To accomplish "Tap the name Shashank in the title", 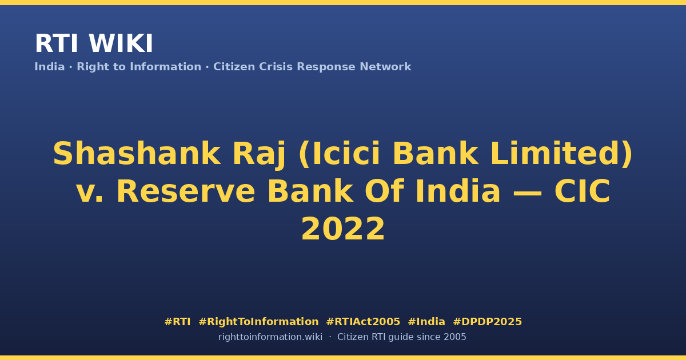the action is [137, 153].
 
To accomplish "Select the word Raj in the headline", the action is [259, 155].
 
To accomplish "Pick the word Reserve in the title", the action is [186, 191].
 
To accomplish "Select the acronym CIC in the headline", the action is [583, 191].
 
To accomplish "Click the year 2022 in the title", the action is [343, 229].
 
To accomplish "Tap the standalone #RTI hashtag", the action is [177, 322].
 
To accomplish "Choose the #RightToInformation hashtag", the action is [258, 322].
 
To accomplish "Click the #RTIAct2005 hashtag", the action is [363, 322].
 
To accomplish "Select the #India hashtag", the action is [426, 322].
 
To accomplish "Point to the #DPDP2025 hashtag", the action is [487, 322].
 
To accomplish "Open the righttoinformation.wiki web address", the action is [270, 337].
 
